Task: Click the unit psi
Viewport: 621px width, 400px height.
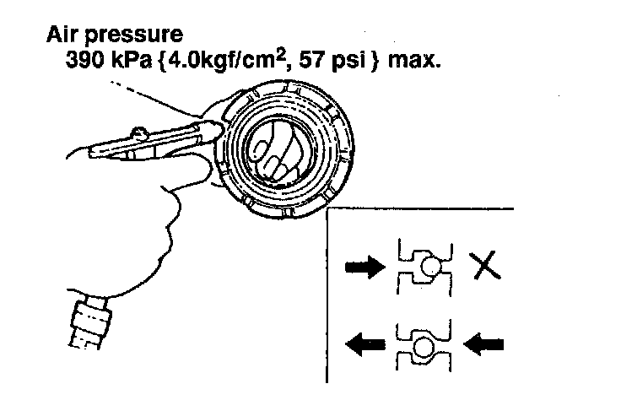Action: coord(341,62)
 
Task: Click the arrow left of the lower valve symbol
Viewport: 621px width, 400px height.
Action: coord(364,343)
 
